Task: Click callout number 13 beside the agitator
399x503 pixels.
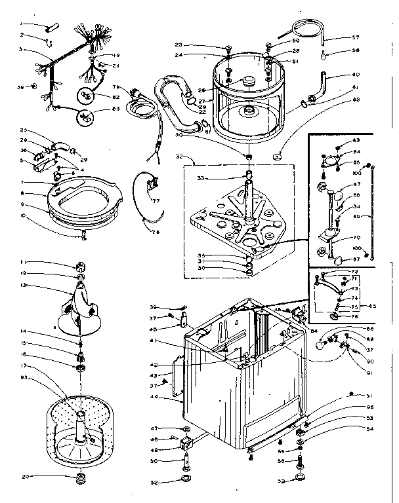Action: [x=22, y=285]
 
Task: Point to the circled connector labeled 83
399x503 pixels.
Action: [x=83, y=118]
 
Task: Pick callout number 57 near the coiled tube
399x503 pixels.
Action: [x=355, y=37]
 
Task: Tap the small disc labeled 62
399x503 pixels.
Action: [x=278, y=156]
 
